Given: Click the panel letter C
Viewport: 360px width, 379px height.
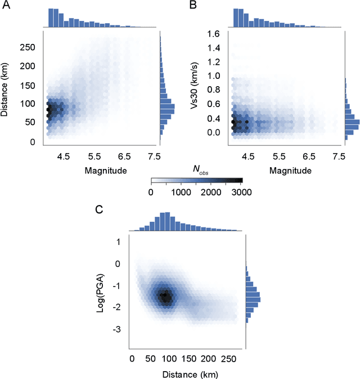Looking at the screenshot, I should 99,210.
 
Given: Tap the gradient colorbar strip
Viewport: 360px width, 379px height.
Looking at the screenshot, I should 196,181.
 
